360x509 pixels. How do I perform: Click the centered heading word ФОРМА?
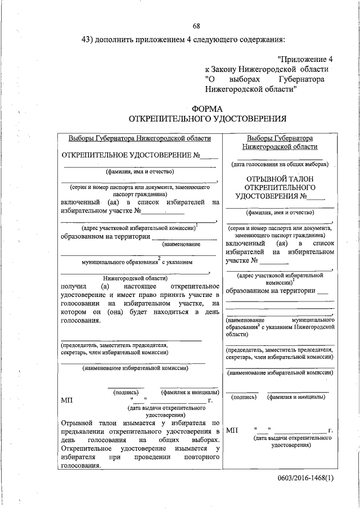[208, 109]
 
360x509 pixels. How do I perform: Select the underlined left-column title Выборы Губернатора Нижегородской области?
[139, 138]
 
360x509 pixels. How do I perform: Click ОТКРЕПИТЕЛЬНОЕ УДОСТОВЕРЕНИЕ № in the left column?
[130, 156]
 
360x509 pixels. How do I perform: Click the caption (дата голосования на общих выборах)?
[280, 165]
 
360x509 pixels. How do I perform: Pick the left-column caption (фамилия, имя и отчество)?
[139, 172]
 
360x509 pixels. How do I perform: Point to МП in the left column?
[66, 401]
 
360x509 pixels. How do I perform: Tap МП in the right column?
[233, 430]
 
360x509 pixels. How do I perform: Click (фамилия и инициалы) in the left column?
[190, 391]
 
